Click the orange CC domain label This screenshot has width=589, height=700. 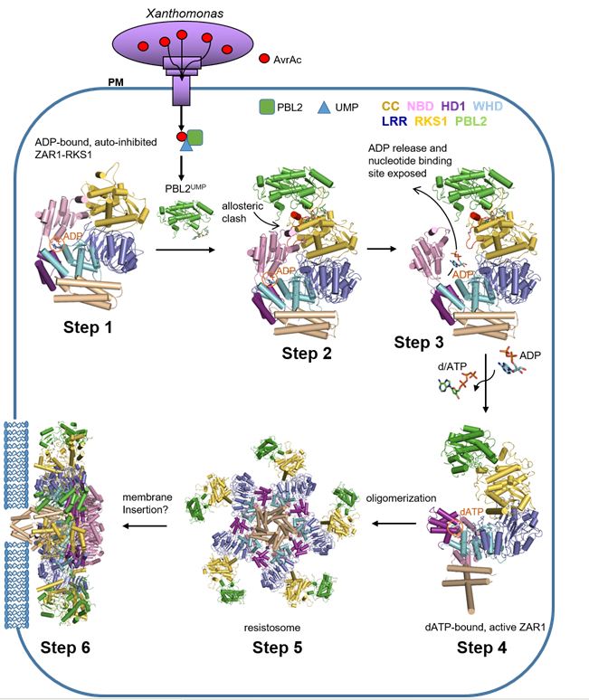click(392, 108)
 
